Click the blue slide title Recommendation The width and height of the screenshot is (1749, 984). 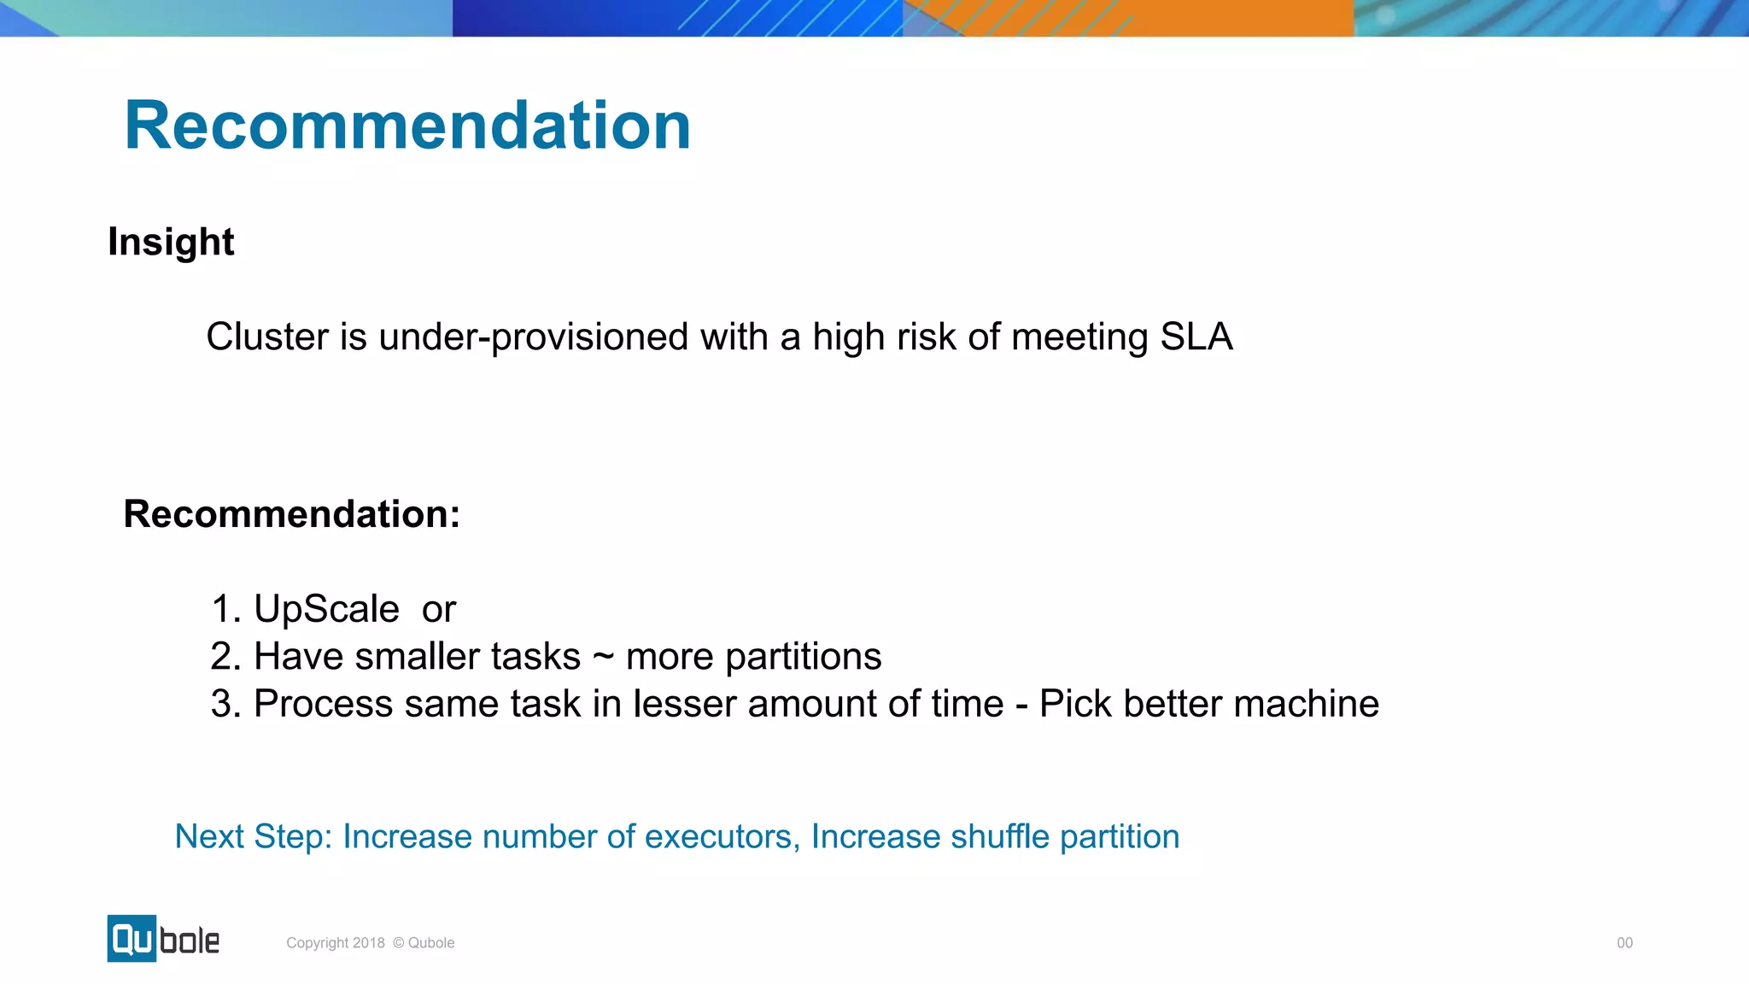(x=407, y=126)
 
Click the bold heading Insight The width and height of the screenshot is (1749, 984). (x=171, y=243)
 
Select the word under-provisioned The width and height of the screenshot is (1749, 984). (x=533, y=337)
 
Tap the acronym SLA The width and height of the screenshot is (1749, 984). (x=1196, y=337)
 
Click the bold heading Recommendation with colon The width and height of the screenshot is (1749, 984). (x=291, y=514)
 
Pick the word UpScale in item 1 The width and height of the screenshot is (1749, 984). (x=326, y=610)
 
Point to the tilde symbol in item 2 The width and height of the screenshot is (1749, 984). (x=603, y=657)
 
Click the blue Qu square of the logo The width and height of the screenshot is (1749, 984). (x=132, y=939)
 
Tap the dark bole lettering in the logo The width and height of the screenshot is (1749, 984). (x=190, y=941)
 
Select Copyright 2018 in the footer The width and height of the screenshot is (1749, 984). (x=335, y=943)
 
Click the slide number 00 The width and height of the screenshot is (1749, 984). (x=1624, y=943)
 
